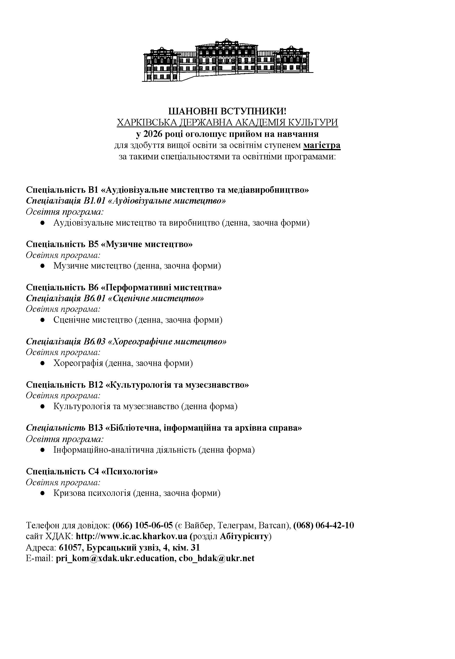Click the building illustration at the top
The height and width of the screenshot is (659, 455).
227,60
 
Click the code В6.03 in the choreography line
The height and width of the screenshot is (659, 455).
95,342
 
